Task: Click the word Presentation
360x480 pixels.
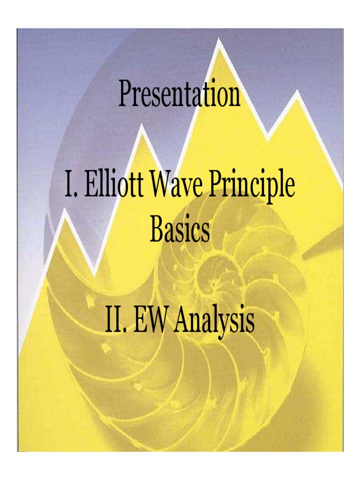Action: [180, 94]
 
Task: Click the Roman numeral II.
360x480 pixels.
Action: [115, 322]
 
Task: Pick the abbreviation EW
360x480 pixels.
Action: [151, 322]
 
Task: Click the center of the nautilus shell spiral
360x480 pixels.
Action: [214, 284]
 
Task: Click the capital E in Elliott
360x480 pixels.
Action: [90, 186]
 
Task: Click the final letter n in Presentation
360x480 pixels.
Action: [234, 95]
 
